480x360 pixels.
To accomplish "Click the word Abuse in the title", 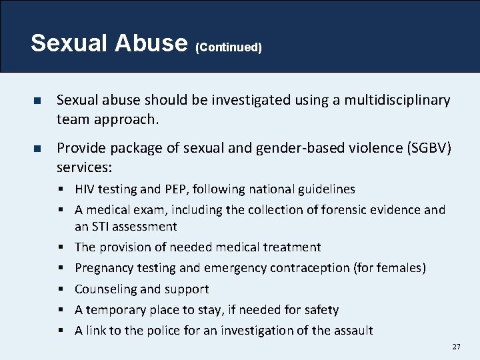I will pyautogui.click(x=152, y=43).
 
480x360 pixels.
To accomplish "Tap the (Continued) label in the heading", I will pyautogui.click(x=229, y=47).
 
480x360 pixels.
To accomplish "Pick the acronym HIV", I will pyautogui.click(x=85, y=189).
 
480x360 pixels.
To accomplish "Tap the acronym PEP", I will pyautogui.click(x=159, y=189).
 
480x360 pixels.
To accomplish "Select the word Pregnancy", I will pyautogui.click(x=104, y=268).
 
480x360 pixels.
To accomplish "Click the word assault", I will pyautogui.click(x=351, y=331).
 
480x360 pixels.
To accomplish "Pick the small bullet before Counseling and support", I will pyautogui.click(x=62, y=289).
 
